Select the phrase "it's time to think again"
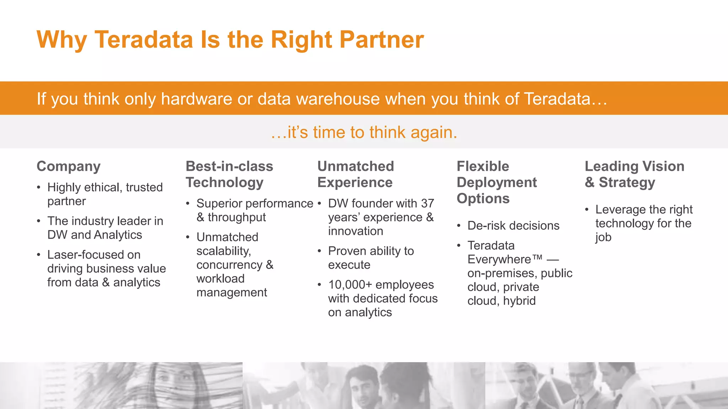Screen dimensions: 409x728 (364, 132)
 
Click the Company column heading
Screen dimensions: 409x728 (69, 166)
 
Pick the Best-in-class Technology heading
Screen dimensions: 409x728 (229, 174)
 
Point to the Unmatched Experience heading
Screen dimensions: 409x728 (355, 174)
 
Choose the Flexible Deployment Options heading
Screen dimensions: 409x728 (497, 182)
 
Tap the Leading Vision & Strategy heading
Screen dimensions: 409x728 (635, 174)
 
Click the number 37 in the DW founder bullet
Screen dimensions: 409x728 (427, 203)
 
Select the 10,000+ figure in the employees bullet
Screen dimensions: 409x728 (350, 285)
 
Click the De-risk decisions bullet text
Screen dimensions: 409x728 (513, 225)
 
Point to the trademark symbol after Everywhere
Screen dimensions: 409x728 (537, 257)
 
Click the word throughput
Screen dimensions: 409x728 (237, 217)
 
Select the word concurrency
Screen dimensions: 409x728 (229, 265)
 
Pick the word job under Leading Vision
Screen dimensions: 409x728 (603, 237)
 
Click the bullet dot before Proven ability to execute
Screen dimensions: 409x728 (319, 251)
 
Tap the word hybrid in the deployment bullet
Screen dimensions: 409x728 (519, 301)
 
